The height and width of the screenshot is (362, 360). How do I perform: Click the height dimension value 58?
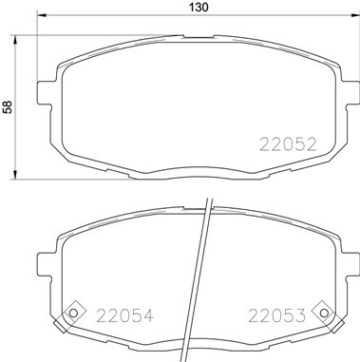coord(9,107)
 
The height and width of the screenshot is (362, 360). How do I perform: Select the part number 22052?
coord(288,144)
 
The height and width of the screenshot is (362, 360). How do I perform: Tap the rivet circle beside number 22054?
coord(71,315)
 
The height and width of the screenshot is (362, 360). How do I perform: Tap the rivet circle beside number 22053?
coord(324,315)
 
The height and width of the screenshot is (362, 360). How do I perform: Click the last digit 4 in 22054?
coord(147,315)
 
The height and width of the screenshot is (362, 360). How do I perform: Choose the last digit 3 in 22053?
coord(303,315)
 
